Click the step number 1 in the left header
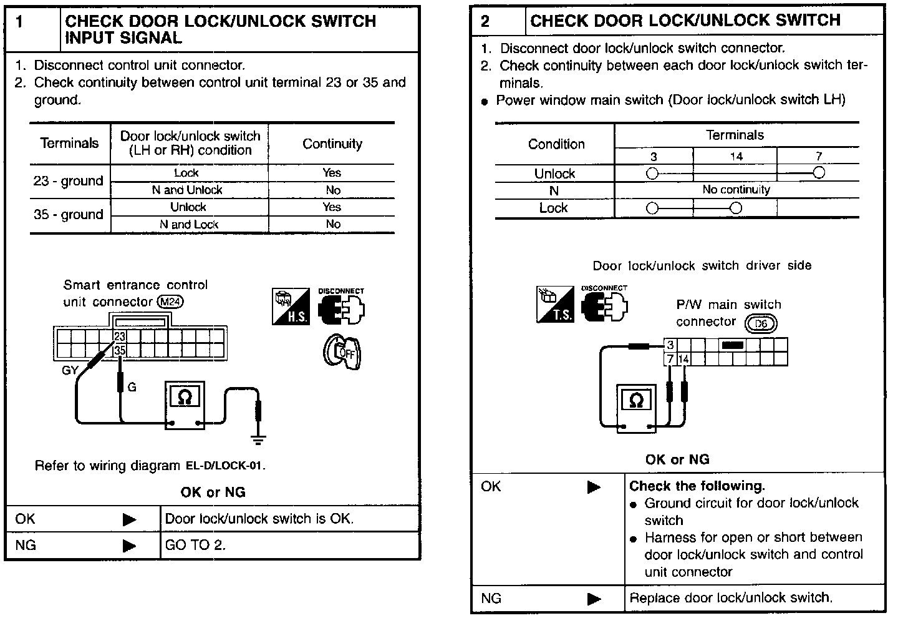tap(20, 22)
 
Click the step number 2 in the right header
tap(486, 21)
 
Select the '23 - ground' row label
tap(68, 181)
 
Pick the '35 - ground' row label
tap(68, 215)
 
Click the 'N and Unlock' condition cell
tap(187, 190)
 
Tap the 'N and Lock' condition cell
tap(189, 224)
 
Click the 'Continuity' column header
tap(332, 144)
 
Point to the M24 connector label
tap(170, 302)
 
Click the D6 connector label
tap(761, 323)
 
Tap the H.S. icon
tap(290, 307)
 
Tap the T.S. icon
tap(555, 305)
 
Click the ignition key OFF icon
tap(342, 351)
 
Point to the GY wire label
tap(70, 370)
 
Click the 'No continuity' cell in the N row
tap(736, 190)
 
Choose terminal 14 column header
tap(736, 157)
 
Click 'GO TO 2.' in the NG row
tap(195, 545)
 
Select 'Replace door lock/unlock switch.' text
tap(730, 598)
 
